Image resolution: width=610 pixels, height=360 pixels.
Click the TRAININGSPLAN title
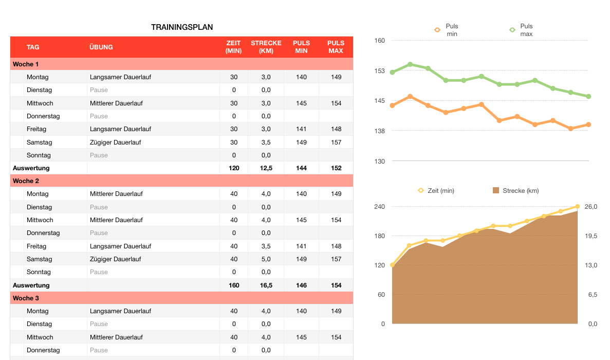(182, 27)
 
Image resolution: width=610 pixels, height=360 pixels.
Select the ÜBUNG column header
(101, 47)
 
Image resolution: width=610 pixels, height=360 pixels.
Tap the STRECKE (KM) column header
(266, 47)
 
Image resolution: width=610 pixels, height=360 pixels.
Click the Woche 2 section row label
(26, 181)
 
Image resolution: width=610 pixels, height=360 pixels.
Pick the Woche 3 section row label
(26, 298)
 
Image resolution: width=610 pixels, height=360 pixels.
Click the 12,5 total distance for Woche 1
(266, 168)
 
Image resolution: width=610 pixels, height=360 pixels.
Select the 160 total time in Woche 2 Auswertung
(234, 285)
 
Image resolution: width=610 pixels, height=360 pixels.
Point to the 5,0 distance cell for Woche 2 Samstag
(266, 259)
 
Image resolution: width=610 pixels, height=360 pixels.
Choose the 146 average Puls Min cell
(301, 285)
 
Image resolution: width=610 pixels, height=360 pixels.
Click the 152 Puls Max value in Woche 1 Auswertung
(336, 168)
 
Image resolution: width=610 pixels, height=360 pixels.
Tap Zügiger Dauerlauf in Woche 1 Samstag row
(115, 142)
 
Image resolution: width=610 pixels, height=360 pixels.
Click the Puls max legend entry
(522, 30)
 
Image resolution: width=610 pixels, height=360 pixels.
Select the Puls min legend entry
(447, 30)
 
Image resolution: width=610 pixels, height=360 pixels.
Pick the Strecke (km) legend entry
(515, 191)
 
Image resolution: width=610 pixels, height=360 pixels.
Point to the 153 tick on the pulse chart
(379, 71)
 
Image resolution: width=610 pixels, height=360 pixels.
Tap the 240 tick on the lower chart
(379, 207)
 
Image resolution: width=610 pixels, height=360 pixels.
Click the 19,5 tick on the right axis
(591, 236)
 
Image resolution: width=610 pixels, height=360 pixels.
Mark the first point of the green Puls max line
(392, 72)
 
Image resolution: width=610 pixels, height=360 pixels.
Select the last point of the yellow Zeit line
(577, 207)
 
